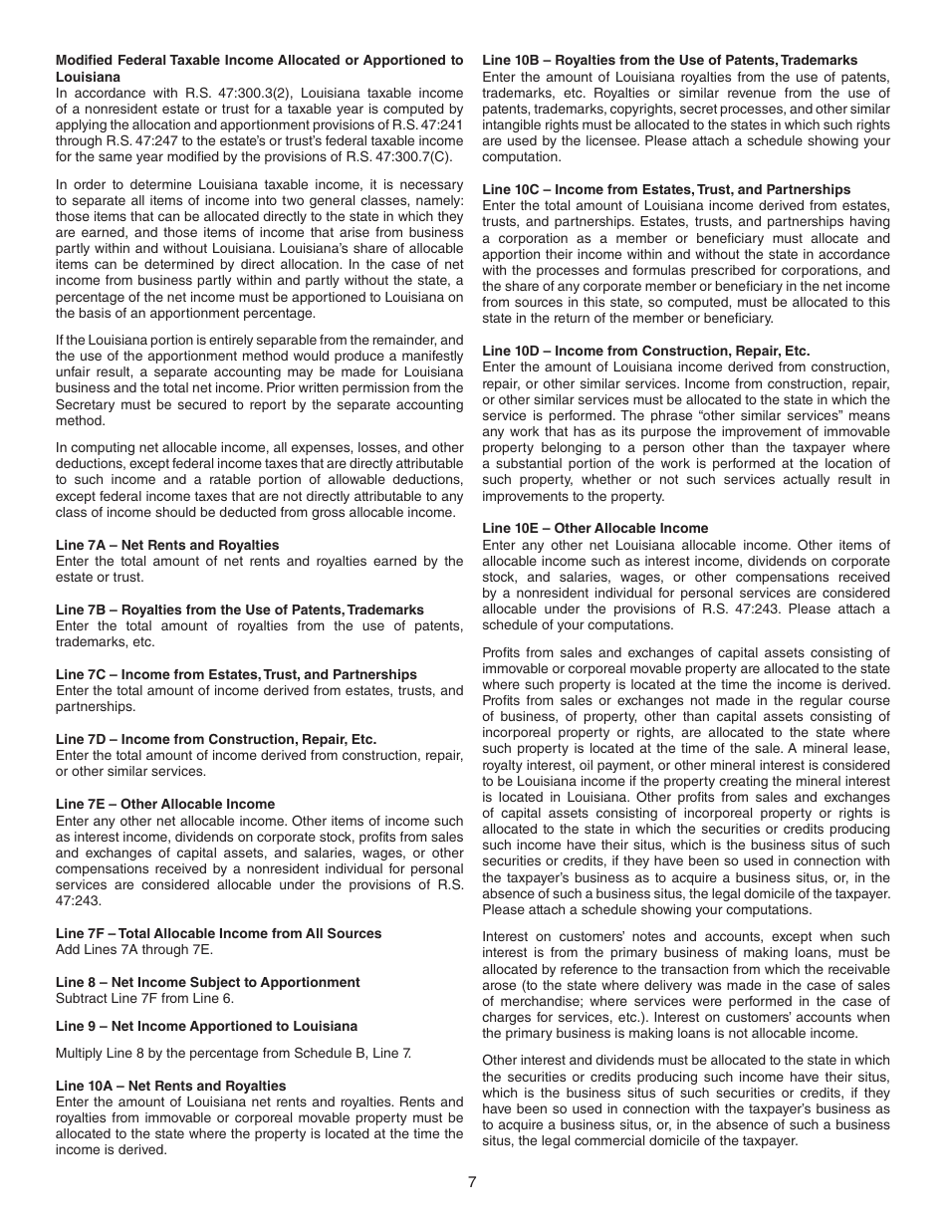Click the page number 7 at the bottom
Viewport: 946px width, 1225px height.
[x=472, y=1182]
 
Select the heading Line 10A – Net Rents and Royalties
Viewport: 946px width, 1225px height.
[x=170, y=1086]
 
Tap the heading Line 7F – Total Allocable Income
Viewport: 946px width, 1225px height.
[x=218, y=933]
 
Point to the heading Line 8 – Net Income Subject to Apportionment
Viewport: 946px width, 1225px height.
[x=207, y=982]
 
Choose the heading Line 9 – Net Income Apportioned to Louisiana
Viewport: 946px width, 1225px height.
[x=206, y=1026]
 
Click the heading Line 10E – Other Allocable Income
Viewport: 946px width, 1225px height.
[x=594, y=528]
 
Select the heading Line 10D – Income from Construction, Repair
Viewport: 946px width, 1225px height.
[x=645, y=351]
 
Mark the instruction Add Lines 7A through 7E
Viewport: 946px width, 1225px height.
[x=134, y=949]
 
